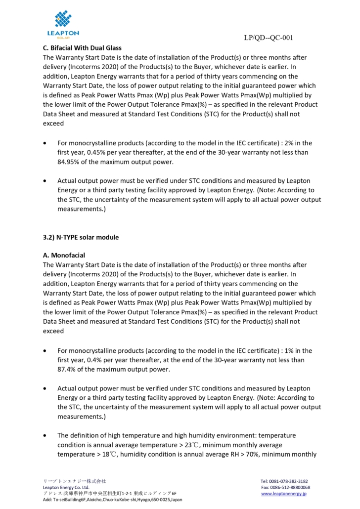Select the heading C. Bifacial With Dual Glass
[x=82, y=48]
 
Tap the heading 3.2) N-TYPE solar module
[x=81, y=237]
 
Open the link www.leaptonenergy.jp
[x=284, y=493]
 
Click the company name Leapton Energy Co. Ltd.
[x=66, y=487]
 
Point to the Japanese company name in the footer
[x=74, y=481]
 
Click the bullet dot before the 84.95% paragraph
[x=45, y=143]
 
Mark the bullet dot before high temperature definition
[x=45, y=436]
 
